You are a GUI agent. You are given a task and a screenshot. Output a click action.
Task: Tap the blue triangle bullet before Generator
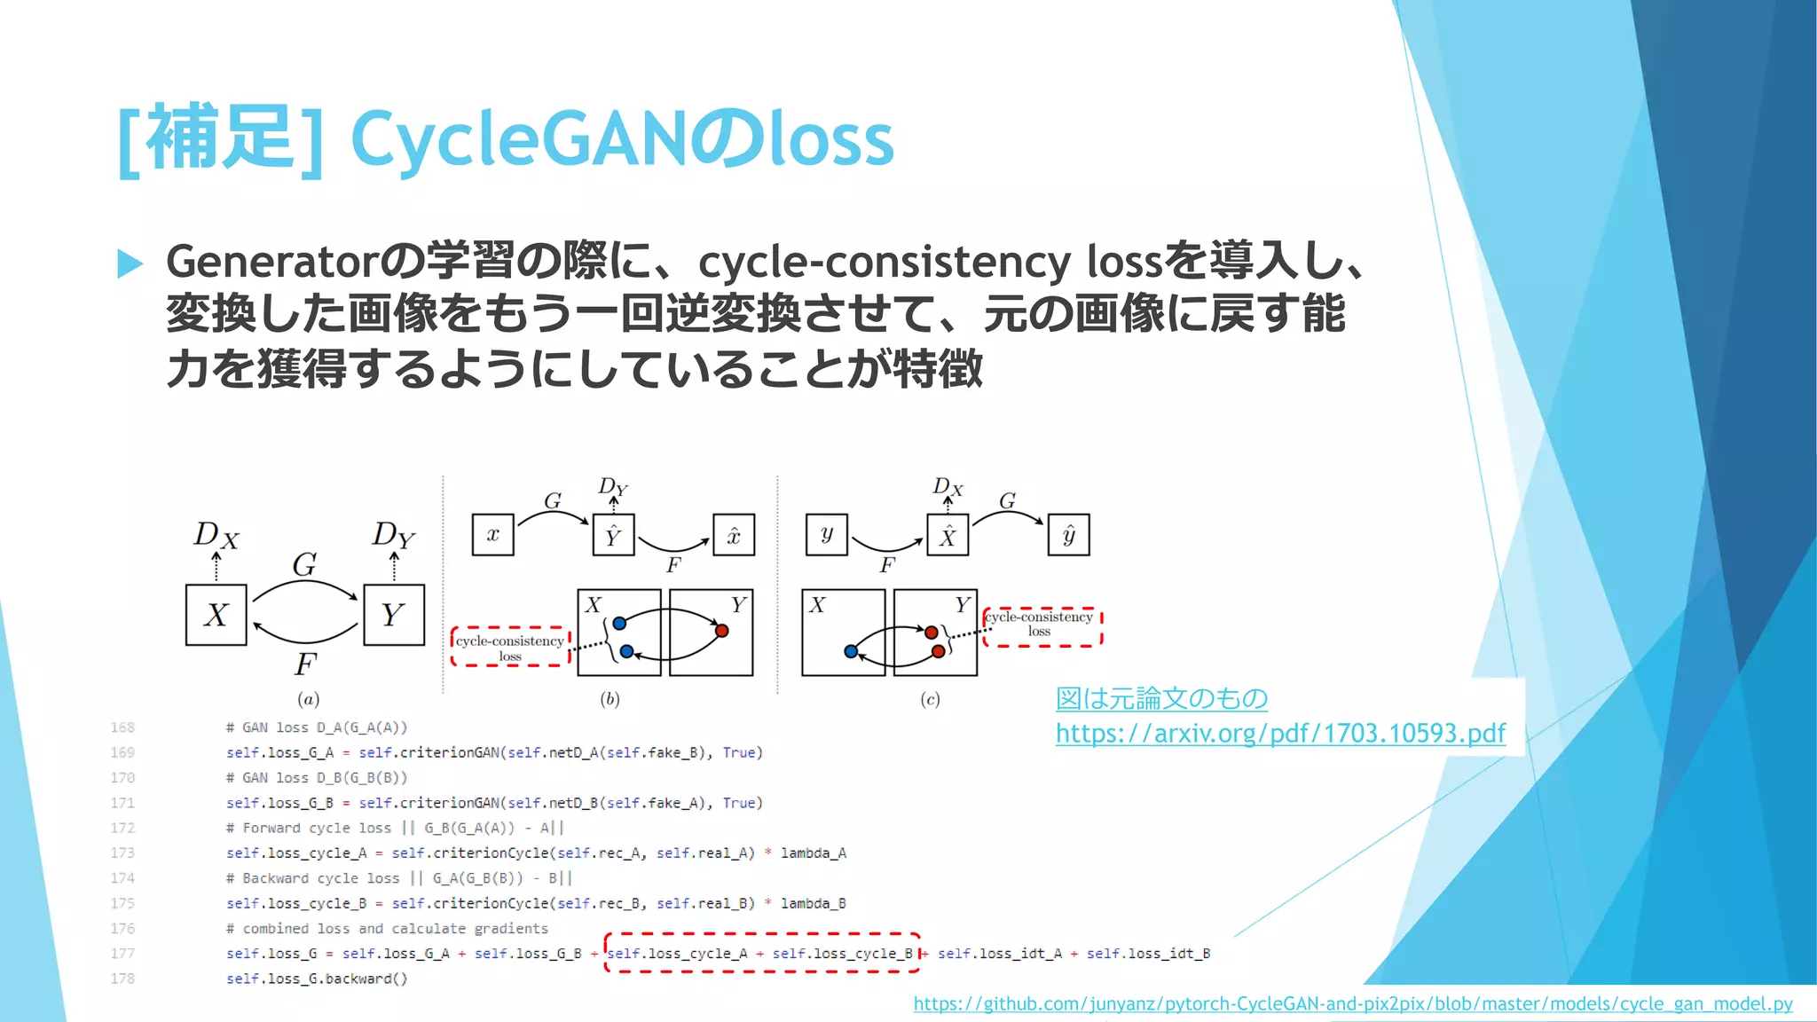tap(130, 263)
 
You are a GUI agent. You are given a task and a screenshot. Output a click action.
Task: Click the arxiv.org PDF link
tap(1280, 734)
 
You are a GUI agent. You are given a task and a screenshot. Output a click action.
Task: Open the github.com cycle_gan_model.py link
tap(1352, 1004)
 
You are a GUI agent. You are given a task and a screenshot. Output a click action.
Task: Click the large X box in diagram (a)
tap(216, 615)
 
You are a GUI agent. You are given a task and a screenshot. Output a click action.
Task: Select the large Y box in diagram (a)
tap(394, 615)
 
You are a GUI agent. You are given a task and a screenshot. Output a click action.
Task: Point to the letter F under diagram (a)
tap(305, 664)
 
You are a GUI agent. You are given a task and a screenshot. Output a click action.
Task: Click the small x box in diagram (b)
tap(492, 535)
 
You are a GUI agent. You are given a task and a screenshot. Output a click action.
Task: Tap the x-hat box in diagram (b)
tap(734, 535)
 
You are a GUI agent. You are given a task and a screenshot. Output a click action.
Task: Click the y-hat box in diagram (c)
tap(1068, 535)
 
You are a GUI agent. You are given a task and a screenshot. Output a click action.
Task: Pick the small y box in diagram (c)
tap(827, 534)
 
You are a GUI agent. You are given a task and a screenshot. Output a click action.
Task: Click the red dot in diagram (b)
tap(722, 631)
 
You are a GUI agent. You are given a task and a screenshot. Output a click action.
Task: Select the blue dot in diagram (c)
tap(851, 651)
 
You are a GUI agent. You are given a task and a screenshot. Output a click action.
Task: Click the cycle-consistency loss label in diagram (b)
tap(510, 648)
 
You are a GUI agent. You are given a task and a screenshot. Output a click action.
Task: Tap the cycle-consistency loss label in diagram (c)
tap(1040, 624)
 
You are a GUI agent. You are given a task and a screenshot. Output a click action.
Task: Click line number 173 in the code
tap(122, 853)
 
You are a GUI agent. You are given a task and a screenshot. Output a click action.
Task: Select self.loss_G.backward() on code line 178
tap(317, 979)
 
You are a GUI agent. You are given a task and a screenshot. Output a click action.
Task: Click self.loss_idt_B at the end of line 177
tap(1148, 954)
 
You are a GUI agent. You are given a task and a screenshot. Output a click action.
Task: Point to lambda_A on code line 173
tap(813, 853)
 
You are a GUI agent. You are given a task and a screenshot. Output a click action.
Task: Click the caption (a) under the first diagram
tap(308, 699)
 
